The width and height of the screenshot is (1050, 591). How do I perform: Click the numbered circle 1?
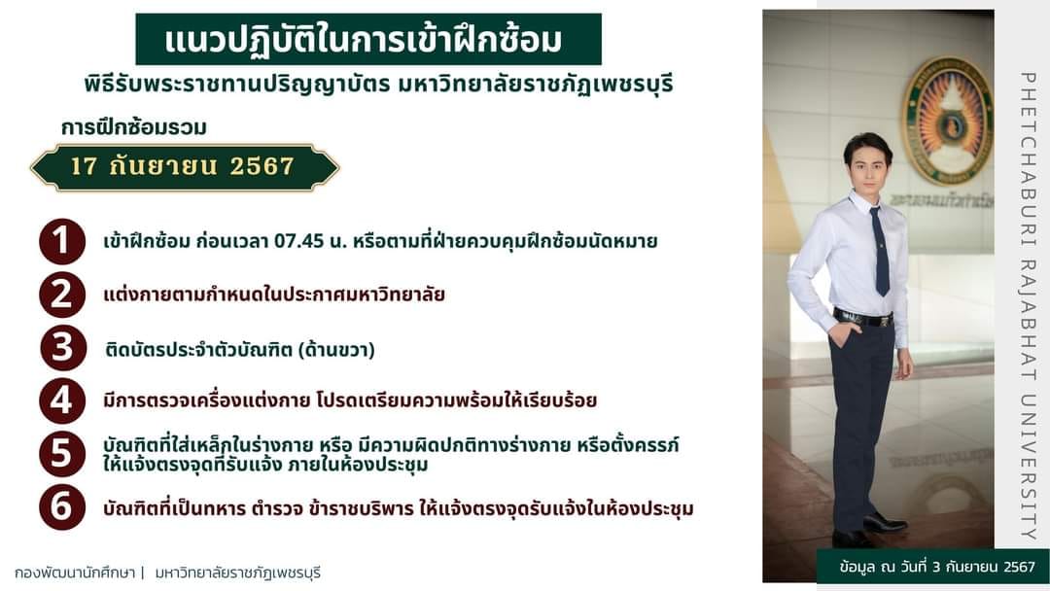coord(62,241)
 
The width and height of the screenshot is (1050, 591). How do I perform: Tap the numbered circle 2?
coord(62,295)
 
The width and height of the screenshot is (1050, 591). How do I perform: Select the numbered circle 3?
coord(62,348)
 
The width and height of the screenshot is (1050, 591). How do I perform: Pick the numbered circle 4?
coord(62,400)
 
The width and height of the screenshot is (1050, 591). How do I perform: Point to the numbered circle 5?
coord(62,454)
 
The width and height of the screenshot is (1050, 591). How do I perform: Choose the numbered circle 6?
coord(62,506)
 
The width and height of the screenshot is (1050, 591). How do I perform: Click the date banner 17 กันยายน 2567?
coord(185,166)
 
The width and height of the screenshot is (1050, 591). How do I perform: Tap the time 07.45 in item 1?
coord(298,241)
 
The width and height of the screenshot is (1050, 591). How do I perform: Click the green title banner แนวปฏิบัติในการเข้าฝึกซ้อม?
coord(368,40)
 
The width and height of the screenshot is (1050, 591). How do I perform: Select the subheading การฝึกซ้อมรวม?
coord(134,127)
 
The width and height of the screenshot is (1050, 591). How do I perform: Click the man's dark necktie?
coord(880,252)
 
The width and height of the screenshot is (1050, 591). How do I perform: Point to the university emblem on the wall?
coord(947,121)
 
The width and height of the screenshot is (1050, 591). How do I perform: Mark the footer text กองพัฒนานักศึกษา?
coord(75,573)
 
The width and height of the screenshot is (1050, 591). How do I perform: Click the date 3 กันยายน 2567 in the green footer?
coord(983,567)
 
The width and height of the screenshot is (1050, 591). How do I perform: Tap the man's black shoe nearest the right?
coord(885,522)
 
